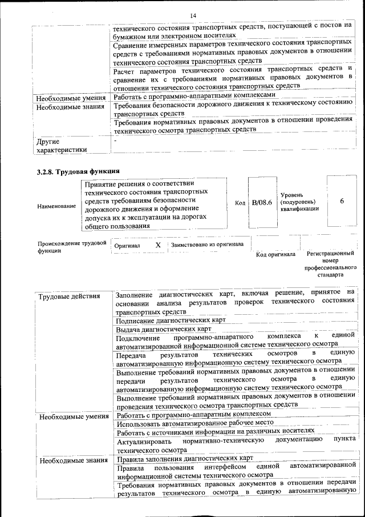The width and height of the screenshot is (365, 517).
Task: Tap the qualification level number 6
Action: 342,201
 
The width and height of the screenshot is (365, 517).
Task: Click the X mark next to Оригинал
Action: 158,245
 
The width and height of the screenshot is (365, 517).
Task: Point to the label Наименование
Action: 56,206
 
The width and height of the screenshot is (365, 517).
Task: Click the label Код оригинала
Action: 275,254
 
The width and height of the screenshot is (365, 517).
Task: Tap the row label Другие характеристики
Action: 62,145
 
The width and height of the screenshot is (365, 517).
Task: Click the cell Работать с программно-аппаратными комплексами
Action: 194,95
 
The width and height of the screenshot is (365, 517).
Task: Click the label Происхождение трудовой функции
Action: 71,247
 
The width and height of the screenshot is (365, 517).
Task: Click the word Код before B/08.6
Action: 240,203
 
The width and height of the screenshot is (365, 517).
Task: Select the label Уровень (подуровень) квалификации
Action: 299,202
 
